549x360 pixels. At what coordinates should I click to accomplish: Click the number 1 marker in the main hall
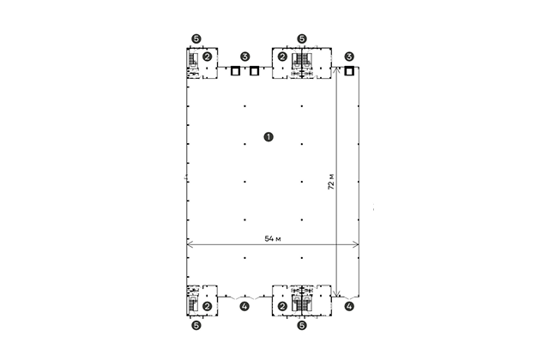[268, 137]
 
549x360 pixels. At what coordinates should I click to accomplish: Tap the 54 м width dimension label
[273, 238]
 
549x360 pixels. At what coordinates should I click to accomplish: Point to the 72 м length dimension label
[331, 182]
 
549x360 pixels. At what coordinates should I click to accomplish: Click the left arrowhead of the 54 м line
[190, 244]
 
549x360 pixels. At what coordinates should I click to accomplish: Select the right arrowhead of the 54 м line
[356, 244]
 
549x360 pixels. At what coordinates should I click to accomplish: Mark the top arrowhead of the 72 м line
[336, 70]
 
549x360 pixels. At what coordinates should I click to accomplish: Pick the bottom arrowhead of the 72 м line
[336, 293]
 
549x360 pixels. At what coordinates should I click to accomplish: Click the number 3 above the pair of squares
[245, 57]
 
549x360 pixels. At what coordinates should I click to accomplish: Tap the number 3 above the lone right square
[349, 57]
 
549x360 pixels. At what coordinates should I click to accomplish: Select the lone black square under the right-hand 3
[349, 71]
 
